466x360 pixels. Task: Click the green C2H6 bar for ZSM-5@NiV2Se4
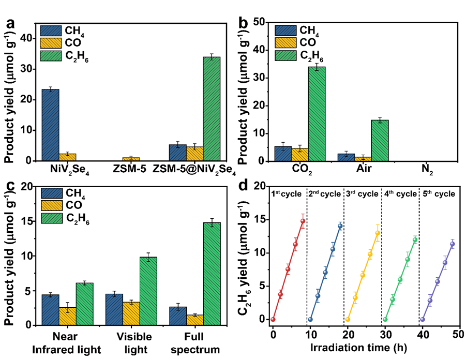pos(212,109)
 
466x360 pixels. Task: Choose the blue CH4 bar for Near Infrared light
pos(50,310)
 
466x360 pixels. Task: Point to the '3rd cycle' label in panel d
pos(362,194)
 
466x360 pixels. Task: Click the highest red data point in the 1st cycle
pos(303,221)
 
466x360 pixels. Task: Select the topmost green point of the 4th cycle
pos(415,239)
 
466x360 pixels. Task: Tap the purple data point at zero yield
pos(423,319)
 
